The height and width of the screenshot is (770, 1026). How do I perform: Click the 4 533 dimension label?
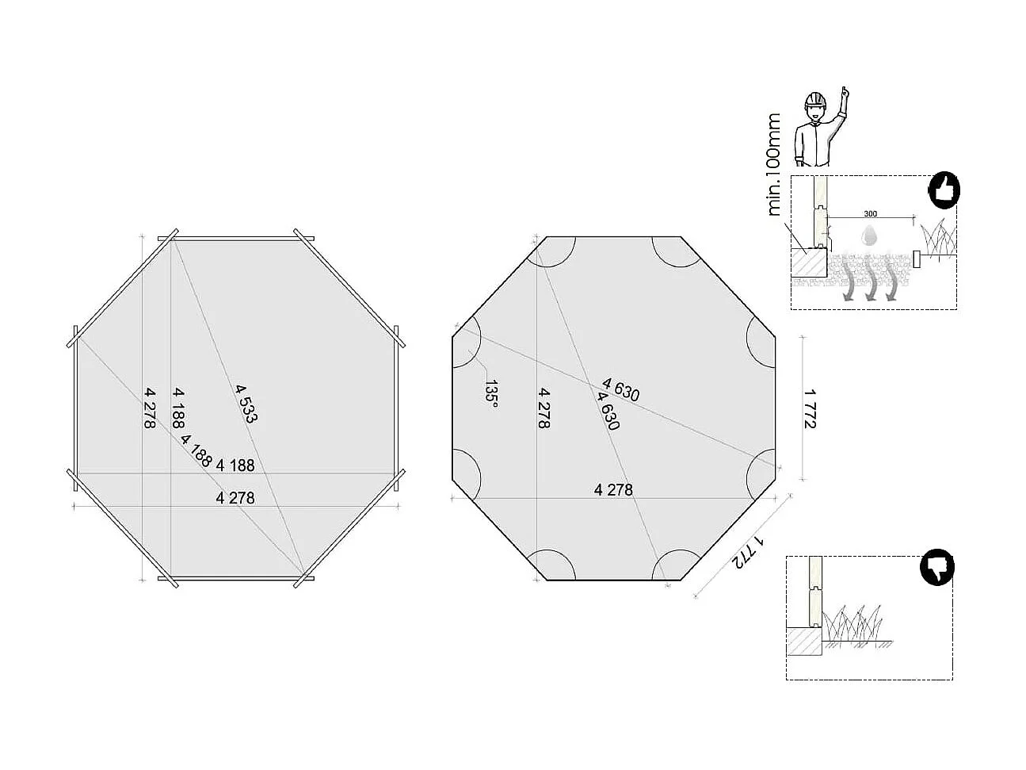[246, 404]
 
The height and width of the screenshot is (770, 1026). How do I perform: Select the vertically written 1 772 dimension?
[809, 408]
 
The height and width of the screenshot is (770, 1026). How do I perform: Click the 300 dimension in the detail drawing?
[870, 214]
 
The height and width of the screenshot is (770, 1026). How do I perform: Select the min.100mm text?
[774, 165]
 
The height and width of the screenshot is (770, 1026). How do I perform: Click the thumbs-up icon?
[944, 191]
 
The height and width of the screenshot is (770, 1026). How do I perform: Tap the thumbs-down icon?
[937, 569]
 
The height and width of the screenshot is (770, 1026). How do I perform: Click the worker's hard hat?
[815, 101]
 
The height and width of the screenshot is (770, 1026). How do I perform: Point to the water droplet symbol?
[870, 235]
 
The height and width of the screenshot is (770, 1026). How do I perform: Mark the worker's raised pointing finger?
[845, 92]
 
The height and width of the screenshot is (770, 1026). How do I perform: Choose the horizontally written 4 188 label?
[235, 465]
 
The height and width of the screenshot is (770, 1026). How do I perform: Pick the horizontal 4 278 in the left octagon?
[235, 498]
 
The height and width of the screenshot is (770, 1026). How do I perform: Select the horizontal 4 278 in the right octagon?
[613, 490]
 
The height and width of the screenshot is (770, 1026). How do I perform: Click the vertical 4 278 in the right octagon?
[544, 408]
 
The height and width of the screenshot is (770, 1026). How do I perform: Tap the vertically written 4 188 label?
[179, 408]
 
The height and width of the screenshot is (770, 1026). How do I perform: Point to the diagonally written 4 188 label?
[196, 450]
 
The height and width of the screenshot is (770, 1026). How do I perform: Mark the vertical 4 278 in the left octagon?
[148, 408]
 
